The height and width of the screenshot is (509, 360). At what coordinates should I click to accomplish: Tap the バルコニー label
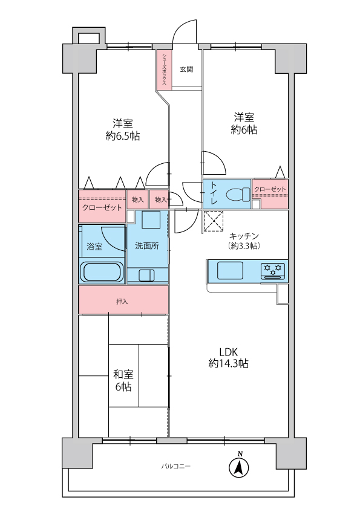(176, 466)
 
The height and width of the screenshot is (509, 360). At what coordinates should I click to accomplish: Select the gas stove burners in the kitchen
(273, 270)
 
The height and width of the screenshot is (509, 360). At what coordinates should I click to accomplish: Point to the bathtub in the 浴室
(102, 271)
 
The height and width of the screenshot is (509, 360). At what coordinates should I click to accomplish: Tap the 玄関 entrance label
(186, 69)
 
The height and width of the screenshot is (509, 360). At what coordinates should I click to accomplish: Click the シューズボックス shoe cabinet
(164, 71)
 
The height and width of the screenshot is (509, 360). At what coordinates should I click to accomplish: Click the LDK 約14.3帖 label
(229, 358)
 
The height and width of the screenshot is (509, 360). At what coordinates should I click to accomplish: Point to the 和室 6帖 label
(123, 380)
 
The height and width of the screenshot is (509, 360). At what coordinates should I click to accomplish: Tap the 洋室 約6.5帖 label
(123, 128)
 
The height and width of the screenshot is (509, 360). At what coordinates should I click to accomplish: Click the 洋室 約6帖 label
(244, 123)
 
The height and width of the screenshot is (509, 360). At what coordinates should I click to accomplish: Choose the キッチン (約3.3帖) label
(244, 241)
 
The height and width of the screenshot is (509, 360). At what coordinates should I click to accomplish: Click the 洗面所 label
(147, 246)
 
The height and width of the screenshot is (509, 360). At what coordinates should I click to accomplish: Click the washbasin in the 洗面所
(147, 276)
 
